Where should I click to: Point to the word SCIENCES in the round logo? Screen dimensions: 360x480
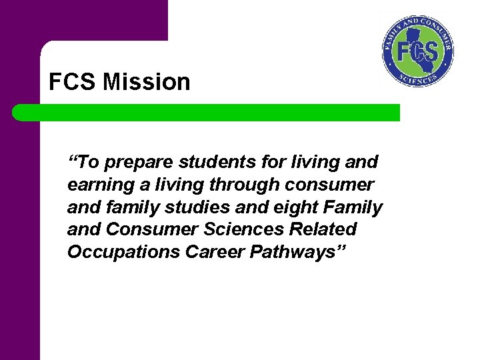[418, 79]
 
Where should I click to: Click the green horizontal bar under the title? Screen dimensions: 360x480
[207, 113]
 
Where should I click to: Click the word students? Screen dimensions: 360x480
[210, 162]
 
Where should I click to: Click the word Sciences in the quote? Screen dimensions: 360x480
[238, 230]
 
